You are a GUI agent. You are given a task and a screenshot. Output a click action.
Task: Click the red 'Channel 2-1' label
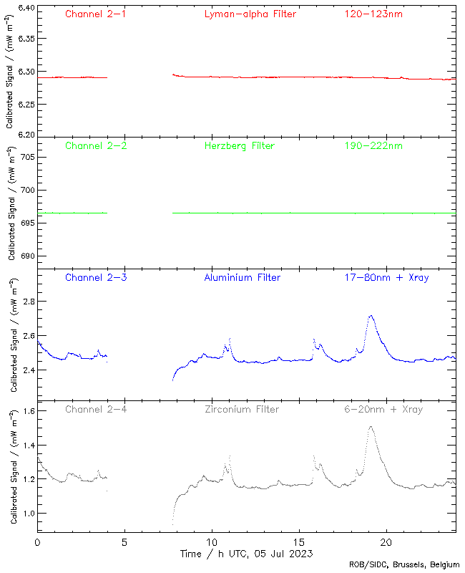tap(96, 14)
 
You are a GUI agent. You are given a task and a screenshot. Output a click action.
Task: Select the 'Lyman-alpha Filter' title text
tap(250, 14)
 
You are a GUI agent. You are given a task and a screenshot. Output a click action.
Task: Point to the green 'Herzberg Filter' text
tap(240, 146)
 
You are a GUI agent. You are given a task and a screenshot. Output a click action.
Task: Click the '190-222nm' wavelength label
tap(373, 146)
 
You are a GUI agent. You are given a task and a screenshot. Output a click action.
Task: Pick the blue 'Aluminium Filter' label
tap(243, 277)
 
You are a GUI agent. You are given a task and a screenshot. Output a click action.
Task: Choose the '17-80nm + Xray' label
tap(387, 277)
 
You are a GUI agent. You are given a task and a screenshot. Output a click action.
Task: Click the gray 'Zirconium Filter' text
tap(242, 410)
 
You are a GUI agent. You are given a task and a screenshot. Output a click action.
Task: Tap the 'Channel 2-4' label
tap(96, 410)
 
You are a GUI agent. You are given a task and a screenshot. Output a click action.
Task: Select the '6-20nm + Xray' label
tap(383, 410)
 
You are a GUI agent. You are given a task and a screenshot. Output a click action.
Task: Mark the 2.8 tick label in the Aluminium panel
tap(27, 302)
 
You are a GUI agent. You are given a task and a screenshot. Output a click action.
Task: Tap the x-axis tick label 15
tap(299, 543)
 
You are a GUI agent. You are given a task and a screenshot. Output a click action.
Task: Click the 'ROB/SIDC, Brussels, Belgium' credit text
tap(404, 565)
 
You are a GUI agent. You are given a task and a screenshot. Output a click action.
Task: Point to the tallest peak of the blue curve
tap(371, 315)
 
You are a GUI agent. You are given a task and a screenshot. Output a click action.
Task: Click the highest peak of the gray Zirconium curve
tap(371, 427)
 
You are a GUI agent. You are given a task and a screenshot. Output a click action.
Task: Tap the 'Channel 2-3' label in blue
tap(96, 277)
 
